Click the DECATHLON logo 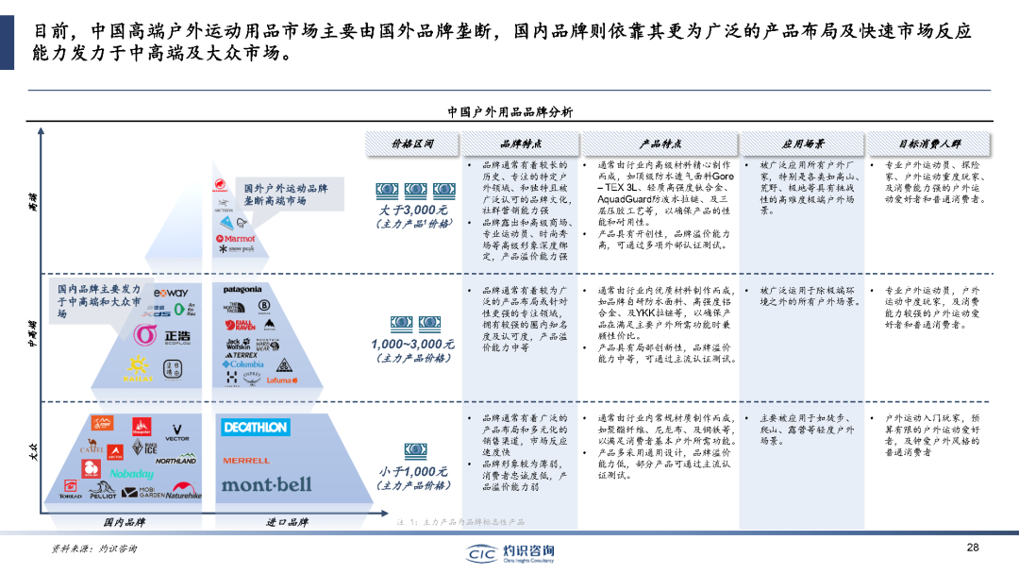[x=255, y=428]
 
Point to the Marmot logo [x=240, y=239]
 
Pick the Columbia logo [x=243, y=363]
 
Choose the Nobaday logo [x=130, y=473]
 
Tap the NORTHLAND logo [x=176, y=461]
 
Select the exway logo [x=171, y=293]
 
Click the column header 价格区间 [x=412, y=144]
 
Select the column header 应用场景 [x=803, y=144]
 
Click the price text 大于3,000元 [x=413, y=210]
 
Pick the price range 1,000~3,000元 [x=413, y=344]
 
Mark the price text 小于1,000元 [x=413, y=471]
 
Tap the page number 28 [x=973, y=548]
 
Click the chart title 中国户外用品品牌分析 [x=509, y=112]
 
